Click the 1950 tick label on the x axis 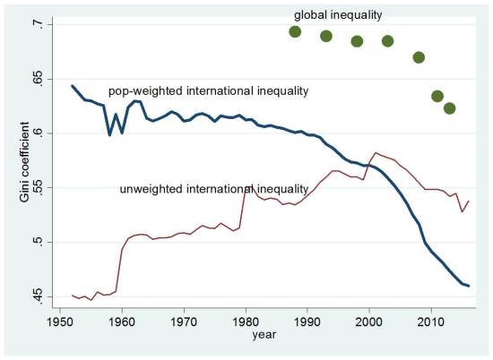60,320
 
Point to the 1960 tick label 122,320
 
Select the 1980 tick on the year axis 246,320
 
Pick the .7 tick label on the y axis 35,24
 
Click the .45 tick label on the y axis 35,296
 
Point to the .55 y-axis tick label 35,187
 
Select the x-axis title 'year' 264,335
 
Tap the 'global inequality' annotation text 338,13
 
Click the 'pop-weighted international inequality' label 208,91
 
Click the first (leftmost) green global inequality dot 295,32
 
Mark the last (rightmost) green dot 450,108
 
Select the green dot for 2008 419,57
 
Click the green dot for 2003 388,41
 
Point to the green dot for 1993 326,36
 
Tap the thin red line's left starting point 73,296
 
